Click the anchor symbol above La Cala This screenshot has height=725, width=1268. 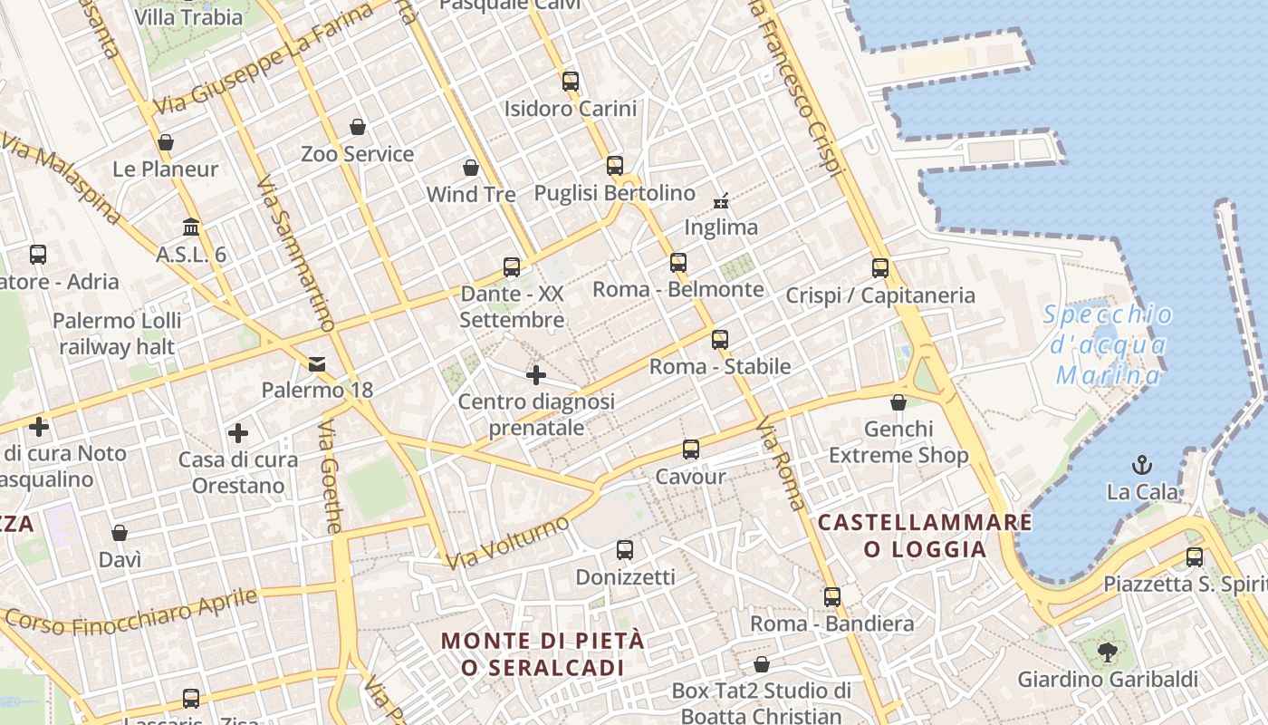1142,466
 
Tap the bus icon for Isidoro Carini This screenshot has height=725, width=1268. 570,82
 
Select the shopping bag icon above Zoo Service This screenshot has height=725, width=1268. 358,127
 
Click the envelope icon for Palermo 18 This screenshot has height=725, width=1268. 317,364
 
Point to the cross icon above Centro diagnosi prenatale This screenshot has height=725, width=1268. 536,374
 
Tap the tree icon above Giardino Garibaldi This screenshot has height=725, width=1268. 1107,652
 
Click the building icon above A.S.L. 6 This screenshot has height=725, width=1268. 191,227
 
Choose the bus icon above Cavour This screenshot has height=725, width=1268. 691,449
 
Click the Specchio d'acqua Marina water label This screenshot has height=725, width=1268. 1108,345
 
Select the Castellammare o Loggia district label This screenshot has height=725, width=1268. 925,536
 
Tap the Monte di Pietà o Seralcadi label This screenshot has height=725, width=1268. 543,653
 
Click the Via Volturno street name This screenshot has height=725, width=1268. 508,543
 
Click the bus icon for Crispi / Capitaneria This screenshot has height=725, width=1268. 880,268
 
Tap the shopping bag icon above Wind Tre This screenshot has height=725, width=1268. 471,168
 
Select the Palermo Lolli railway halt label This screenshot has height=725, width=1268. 117,333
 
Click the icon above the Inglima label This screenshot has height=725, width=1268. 721,200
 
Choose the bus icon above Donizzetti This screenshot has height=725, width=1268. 625,550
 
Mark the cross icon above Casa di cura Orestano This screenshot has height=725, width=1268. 238,433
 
